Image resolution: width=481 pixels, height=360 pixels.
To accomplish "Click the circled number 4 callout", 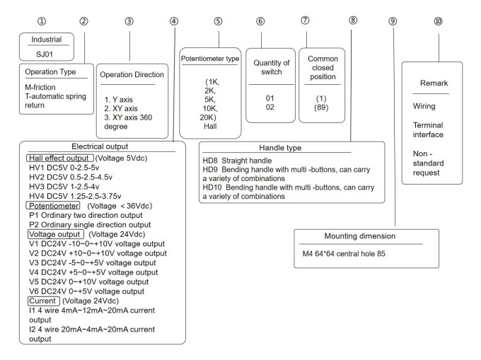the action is click(x=174, y=21).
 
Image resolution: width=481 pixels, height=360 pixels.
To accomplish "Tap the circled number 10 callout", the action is click(x=438, y=21).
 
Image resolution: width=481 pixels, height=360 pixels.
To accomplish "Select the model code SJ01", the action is click(x=45, y=54).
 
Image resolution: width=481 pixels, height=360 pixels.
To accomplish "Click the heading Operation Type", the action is click(x=50, y=71).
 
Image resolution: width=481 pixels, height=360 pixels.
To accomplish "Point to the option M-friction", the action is click(x=40, y=87).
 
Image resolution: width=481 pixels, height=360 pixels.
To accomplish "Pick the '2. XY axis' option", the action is click(x=121, y=108).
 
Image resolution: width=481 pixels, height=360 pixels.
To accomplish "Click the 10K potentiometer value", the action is click(x=210, y=108).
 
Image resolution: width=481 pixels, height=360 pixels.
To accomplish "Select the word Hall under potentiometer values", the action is click(x=210, y=126).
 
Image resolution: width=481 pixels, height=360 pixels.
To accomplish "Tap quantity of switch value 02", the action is click(x=270, y=107).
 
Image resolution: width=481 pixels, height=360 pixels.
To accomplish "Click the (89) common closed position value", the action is click(x=321, y=108).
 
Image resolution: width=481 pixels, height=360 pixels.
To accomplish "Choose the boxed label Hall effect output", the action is click(x=60, y=158).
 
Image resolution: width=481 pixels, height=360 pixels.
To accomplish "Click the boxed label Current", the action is click(x=44, y=301).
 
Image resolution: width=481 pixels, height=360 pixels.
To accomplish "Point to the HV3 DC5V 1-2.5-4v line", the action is click(x=64, y=187).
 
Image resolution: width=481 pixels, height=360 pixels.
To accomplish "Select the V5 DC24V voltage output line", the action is click(x=89, y=281).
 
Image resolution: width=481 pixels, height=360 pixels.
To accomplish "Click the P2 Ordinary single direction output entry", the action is click(x=90, y=225).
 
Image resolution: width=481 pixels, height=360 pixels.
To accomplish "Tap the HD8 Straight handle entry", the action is click(x=237, y=161).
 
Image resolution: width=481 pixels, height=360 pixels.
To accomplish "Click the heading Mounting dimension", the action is click(x=360, y=236).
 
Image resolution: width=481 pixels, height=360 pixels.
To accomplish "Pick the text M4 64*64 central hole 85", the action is click(x=344, y=254).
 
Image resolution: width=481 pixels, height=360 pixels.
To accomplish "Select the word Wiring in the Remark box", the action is click(x=424, y=106).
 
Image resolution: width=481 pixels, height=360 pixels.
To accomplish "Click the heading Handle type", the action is click(x=280, y=148).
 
